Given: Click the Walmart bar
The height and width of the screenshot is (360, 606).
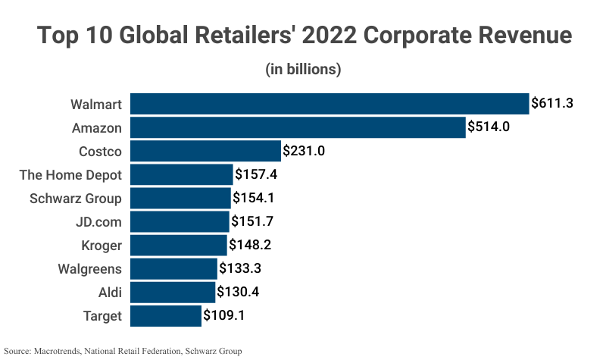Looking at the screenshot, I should [330, 104].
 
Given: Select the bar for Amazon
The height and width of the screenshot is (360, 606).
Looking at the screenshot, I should [298, 127].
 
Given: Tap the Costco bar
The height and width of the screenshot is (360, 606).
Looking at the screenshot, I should [205, 151].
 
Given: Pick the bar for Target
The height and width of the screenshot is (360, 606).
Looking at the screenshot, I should [166, 316].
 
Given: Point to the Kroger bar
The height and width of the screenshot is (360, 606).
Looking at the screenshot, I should [179, 246].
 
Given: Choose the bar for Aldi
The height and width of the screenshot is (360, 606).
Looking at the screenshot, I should [173, 293].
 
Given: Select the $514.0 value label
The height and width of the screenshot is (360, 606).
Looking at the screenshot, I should [488, 127].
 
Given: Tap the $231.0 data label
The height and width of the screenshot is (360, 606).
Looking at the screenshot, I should [304, 151].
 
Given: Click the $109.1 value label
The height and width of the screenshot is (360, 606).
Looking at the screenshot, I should [224, 316].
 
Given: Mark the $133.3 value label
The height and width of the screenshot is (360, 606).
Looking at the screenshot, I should [240, 269].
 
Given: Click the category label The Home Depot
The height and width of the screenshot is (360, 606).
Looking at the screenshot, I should [70, 175].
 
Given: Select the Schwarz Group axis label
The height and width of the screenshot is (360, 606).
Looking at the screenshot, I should [75, 199].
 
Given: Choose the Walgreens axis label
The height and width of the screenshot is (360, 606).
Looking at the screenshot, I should [89, 269].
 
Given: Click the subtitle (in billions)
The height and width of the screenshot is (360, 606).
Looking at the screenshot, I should [303, 69].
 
